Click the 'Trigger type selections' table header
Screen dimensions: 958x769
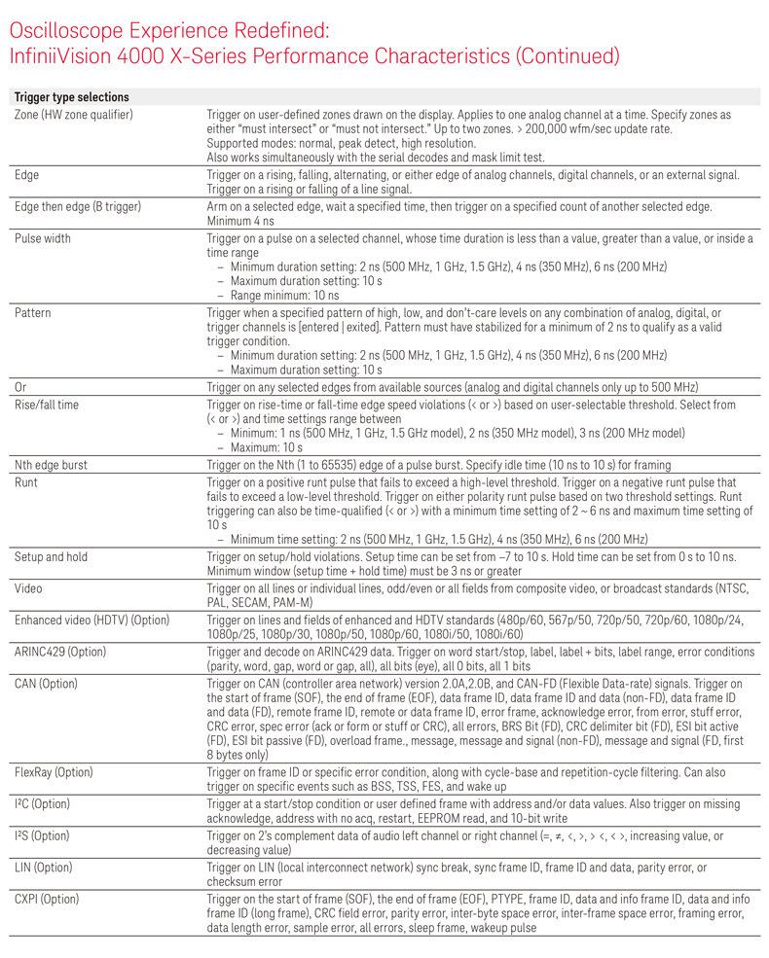tap(71, 97)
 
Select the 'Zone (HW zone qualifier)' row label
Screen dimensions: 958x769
tap(74, 115)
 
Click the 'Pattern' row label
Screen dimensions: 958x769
tap(33, 313)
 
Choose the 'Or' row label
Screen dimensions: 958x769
tap(20, 387)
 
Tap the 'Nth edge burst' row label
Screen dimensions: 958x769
tap(51, 465)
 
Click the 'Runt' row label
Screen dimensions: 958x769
tap(27, 480)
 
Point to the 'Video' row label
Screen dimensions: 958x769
tap(29, 588)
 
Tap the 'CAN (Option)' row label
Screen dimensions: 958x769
tap(46, 684)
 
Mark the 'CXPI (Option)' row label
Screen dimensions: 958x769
tap(47, 898)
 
